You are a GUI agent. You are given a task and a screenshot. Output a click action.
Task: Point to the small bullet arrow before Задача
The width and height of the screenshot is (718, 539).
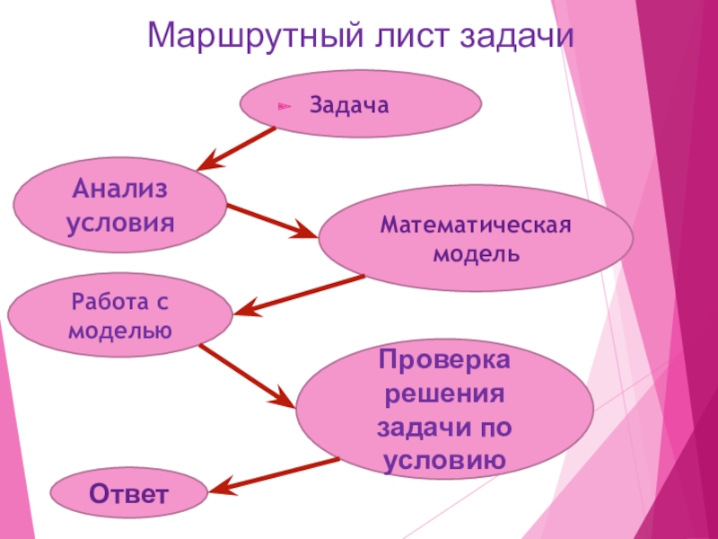point(284,107)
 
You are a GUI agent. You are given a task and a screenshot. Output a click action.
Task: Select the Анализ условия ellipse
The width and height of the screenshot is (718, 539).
point(120,205)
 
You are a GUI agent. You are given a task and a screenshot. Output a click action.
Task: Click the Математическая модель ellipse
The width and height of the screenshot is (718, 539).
point(476,238)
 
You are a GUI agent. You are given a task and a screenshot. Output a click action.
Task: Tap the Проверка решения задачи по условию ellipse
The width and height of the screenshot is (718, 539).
point(445,410)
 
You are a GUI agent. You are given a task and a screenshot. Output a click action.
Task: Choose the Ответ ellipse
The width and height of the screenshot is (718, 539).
point(127,494)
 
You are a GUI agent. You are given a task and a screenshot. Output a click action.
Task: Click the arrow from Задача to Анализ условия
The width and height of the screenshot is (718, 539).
point(237,148)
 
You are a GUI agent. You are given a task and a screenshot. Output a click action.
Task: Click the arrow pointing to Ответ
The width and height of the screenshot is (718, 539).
point(273,475)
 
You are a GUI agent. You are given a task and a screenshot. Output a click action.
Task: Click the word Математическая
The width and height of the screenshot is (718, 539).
point(476,224)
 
